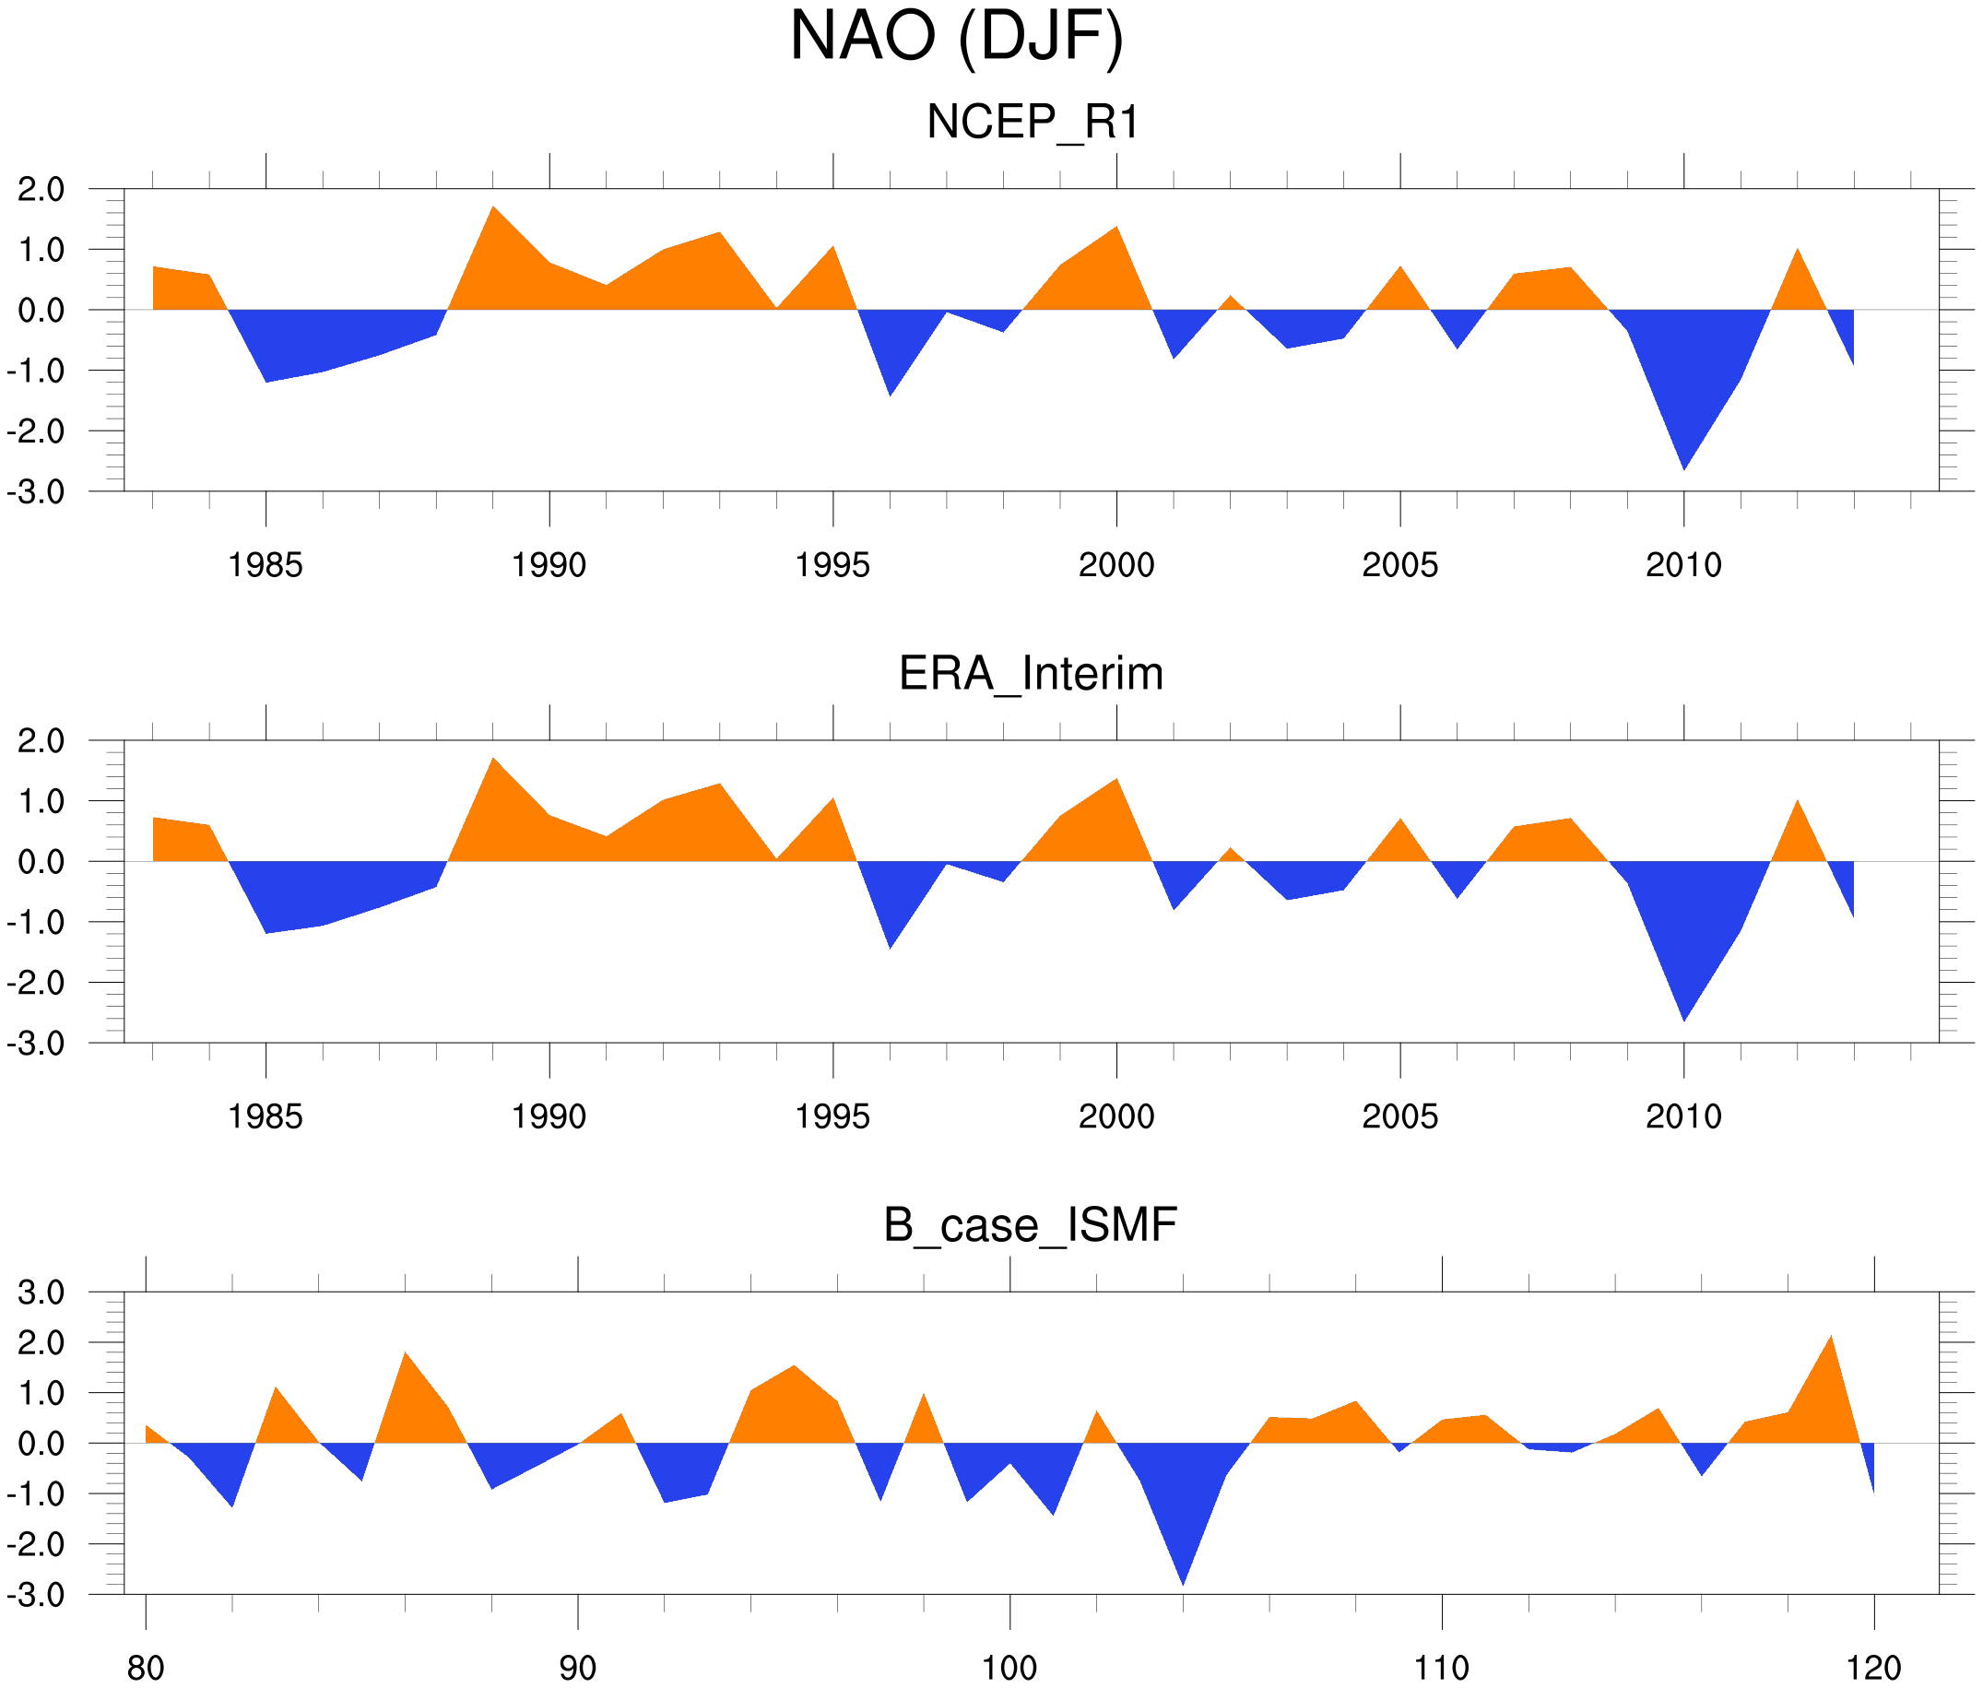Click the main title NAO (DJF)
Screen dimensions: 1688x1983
(x=956, y=39)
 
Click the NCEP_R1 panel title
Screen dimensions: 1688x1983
(x=1033, y=123)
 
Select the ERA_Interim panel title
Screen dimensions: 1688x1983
(x=1031, y=674)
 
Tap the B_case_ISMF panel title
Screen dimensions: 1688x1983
(x=1030, y=1225)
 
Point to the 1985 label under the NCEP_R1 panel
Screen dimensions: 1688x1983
(x=266, y=565)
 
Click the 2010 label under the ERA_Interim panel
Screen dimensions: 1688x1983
(x=1683, y=1116)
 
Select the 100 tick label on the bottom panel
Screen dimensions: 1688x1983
(x=1009, y=1668)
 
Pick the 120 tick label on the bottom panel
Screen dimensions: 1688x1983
(x=1874, y=1668)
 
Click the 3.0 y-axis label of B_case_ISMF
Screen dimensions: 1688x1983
(x=41, y=1293)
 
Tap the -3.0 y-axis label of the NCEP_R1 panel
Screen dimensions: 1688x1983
(x=35, y=493)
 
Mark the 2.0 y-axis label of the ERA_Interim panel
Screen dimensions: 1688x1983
(x=41, y=741)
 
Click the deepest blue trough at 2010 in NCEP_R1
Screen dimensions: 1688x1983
(x=1683, y=450)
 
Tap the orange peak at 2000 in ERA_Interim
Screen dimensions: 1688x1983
(x=1115, y=795)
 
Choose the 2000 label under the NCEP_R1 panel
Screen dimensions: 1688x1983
(x=1115, y=565)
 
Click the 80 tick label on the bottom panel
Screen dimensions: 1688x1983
(x=146, y=1668)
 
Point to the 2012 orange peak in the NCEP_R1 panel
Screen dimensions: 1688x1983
(x=1798, y=263)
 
